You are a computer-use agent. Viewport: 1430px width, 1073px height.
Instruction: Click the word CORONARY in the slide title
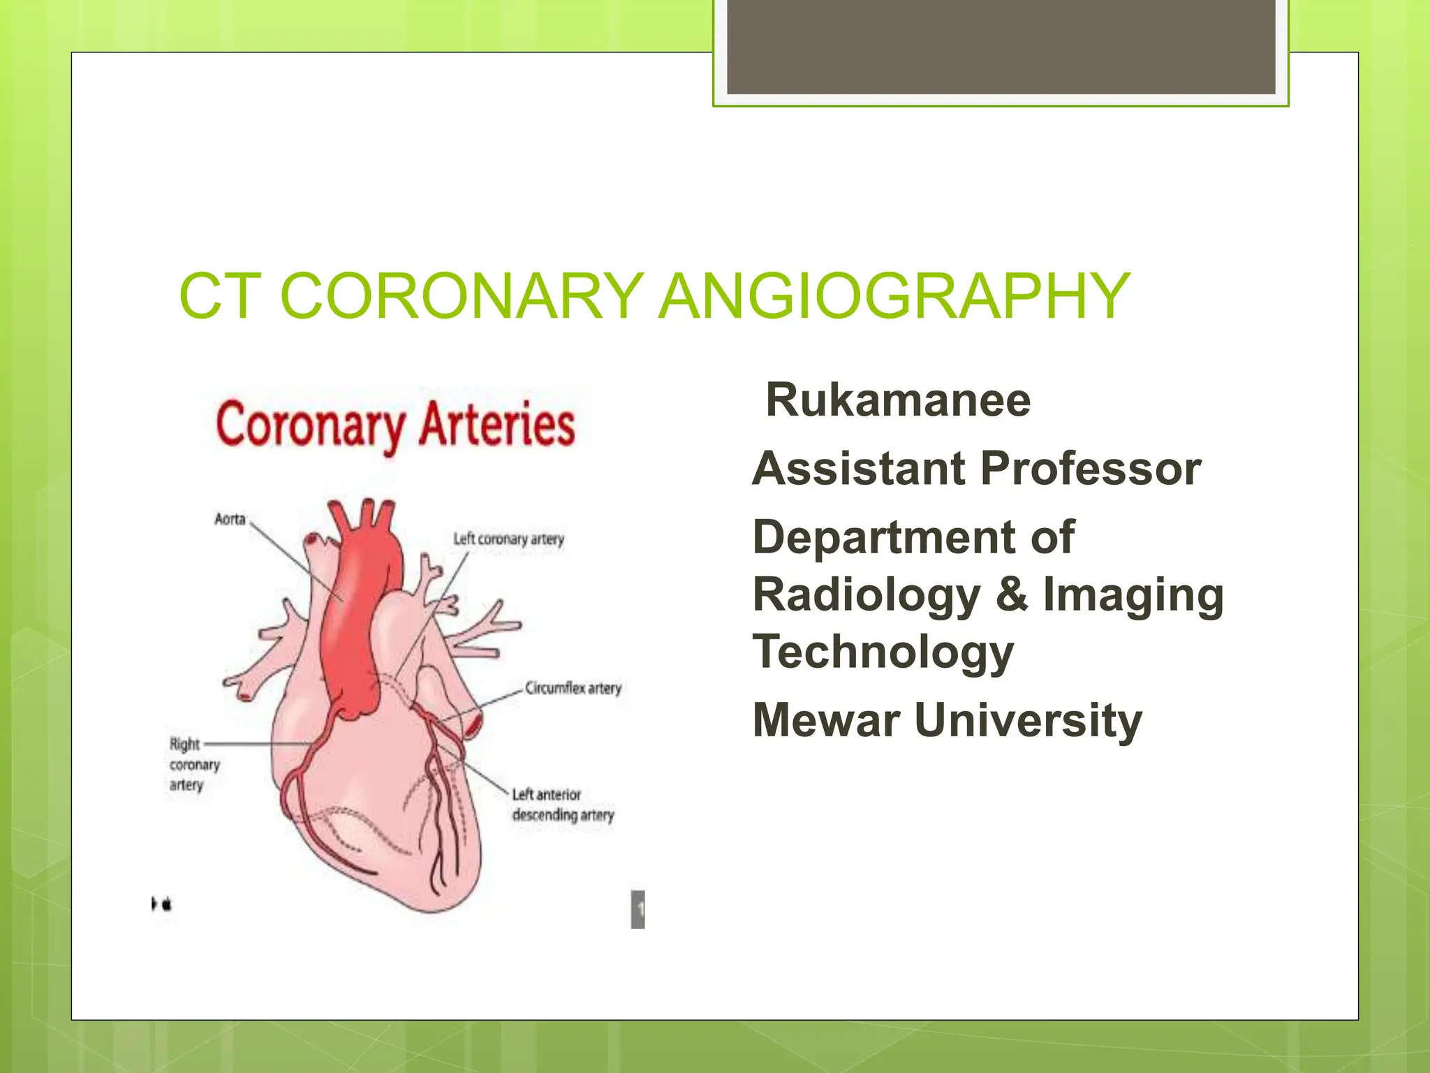point(462,296)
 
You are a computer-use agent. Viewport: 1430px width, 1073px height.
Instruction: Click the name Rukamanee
point(898,400)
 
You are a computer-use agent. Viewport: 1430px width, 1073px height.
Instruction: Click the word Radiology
point(867,595)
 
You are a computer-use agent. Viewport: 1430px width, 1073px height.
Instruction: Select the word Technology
point(883,652)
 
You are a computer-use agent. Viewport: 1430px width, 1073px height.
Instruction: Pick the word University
point(1028,721)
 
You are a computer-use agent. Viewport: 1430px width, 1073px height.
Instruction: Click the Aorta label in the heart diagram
point(230,519)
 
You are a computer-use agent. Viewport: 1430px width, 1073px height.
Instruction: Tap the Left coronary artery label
point(508,539)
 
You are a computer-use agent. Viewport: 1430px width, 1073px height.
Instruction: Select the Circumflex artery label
point(573,688)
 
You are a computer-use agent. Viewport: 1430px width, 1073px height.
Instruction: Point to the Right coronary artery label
point(193,764)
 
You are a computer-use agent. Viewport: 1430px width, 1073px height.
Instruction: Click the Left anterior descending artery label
point(563,805)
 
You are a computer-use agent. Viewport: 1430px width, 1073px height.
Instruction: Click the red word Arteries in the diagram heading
point(496,424)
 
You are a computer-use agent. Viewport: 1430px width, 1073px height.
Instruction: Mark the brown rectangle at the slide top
point(1001,47)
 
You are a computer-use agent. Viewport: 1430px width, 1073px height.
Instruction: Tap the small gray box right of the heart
point(637,909)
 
